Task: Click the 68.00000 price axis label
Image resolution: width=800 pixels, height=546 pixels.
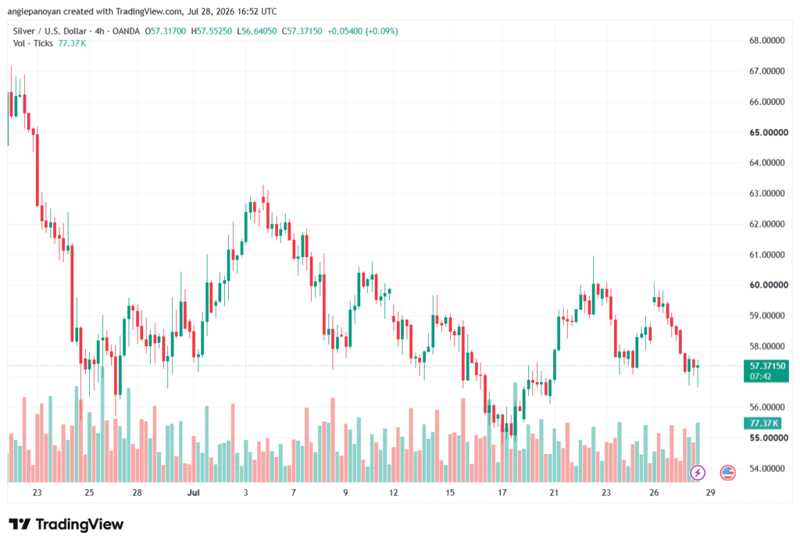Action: [x=767, y=41]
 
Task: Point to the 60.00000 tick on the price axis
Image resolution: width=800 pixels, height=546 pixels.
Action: [x=767, y=285]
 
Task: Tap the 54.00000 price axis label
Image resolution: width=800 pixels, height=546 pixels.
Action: [x=767, y=469]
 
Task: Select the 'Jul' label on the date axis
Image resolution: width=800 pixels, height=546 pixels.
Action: [x=194, y=492]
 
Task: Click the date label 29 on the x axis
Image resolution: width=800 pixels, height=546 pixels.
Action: [x=710, y=492]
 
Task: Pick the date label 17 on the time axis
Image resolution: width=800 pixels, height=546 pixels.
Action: [x=502, y=492]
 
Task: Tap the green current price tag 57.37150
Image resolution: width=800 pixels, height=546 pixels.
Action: [x=767, y=366]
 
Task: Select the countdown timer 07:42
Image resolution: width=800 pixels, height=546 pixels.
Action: [x=760, y=376]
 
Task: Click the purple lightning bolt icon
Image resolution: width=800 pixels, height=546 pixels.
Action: [x=698, y=473]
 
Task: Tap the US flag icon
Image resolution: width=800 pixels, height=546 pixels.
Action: [x=727, y=473]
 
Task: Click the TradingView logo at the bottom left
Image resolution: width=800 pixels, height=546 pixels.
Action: [x=66, y=525]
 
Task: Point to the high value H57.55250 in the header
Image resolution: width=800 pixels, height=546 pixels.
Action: [x=211, y=31]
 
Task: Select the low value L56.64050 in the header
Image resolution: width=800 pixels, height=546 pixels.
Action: [x=256, y=31]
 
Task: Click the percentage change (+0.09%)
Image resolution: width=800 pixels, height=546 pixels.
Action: [x=381, y=31]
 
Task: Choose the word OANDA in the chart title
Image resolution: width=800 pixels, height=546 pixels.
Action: [x=126, y=31]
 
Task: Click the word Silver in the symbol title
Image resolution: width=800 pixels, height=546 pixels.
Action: [x=24, y=31]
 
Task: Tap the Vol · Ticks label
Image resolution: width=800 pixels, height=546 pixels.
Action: [x=33, y=44]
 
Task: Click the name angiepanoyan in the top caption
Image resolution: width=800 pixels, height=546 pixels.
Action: [x=34, y=11]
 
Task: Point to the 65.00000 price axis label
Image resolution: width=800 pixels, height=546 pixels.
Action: [x=769, y=133]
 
